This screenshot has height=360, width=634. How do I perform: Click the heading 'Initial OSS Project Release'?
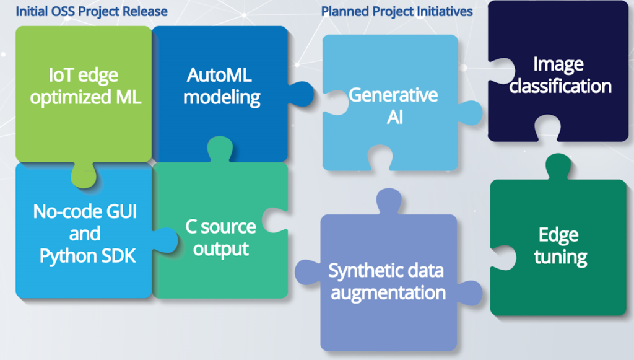point(92,11)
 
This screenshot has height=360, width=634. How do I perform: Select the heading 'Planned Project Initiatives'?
point(397,11)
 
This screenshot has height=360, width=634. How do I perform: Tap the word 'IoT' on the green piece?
point(61,77)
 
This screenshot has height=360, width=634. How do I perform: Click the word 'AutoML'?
point(219,76)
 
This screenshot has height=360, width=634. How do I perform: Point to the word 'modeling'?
point(222,97)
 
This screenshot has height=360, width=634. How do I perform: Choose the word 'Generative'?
point(393,95)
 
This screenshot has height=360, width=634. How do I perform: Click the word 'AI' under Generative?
point(394,116)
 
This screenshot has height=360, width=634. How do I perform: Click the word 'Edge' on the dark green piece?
point(558,235)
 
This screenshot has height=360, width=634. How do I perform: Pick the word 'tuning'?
point(560,257)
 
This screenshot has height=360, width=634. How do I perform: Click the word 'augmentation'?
point(388,292)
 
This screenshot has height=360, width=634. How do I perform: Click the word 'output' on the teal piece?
point(221,248)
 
